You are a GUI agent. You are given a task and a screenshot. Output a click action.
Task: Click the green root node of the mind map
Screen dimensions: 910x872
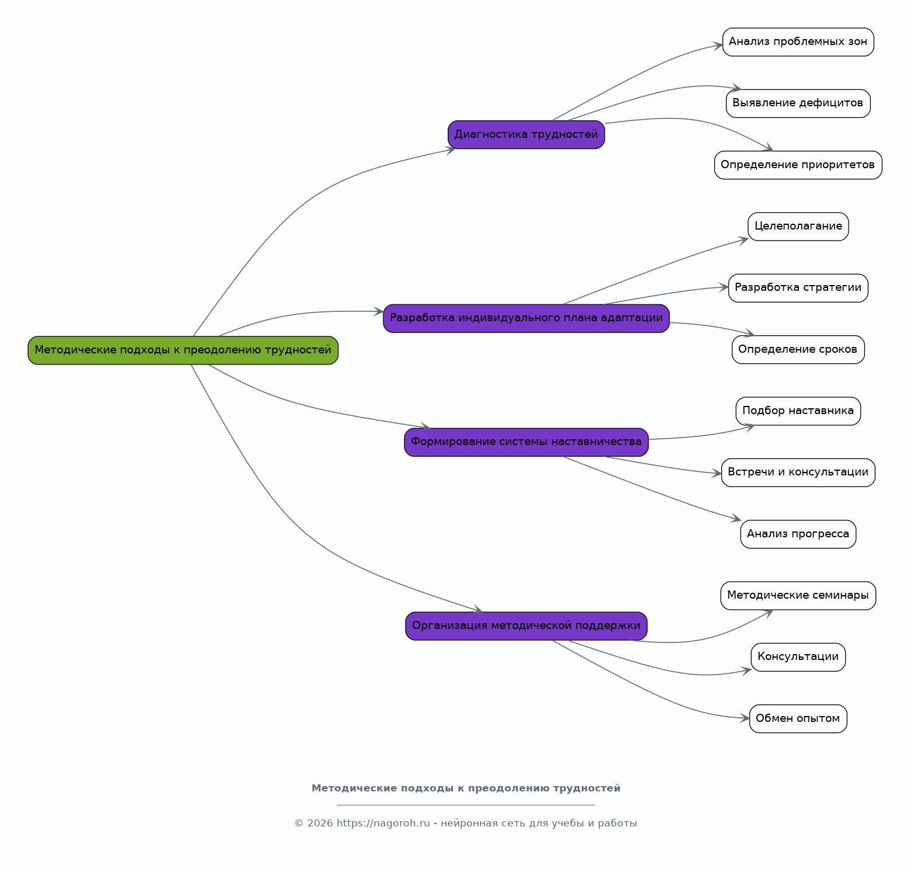click(x=183, y=350)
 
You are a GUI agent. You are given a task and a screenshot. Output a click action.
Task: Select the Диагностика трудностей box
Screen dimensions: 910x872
click(x=526, y=135)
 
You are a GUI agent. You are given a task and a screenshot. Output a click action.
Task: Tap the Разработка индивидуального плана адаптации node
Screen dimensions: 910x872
click(x=526, y=318)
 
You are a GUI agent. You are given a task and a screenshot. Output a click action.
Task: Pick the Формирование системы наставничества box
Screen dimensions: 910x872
click(x=526, y=442)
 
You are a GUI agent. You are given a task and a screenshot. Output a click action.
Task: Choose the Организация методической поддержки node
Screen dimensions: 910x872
click(x=526, y=626)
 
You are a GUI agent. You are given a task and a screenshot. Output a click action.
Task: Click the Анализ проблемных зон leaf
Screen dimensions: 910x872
click(x=798, y=42)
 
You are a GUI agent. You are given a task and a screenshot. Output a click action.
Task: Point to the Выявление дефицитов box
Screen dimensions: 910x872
click(x=798, y=103)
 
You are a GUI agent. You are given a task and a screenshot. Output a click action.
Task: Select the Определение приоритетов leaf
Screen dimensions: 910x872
click(x=798, y=165)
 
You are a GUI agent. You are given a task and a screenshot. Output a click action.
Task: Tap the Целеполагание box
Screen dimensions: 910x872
click(x=798, y=227)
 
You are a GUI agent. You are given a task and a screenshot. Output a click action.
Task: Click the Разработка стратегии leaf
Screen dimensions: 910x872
click(x=798, y=288)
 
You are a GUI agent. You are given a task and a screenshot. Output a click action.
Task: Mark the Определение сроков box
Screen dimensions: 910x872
click(x=798, y=350)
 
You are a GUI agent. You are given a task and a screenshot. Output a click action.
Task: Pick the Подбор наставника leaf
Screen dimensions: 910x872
click(x=798, y=411)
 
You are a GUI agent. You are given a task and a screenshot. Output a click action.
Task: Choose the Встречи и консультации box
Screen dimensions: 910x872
click(x=798, y=473)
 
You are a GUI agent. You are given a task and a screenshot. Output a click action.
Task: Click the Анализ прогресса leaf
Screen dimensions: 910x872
click(x=798, y=534)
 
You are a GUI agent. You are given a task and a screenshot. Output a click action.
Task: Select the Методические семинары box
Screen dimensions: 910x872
click(x=798, y=596)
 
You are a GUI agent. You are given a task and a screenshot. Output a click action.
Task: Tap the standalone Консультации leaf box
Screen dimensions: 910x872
click(x=798, y=657)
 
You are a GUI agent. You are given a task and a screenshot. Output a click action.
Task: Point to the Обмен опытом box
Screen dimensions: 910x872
click(x=798, y=719)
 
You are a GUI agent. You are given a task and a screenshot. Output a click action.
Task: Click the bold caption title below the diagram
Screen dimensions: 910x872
click(x=466, y=788)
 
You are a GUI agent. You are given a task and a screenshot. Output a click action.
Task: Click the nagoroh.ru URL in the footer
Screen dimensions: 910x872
click(x=383, y=824)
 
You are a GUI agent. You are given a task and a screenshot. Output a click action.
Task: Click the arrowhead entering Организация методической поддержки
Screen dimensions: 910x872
click(x=479, y=609)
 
